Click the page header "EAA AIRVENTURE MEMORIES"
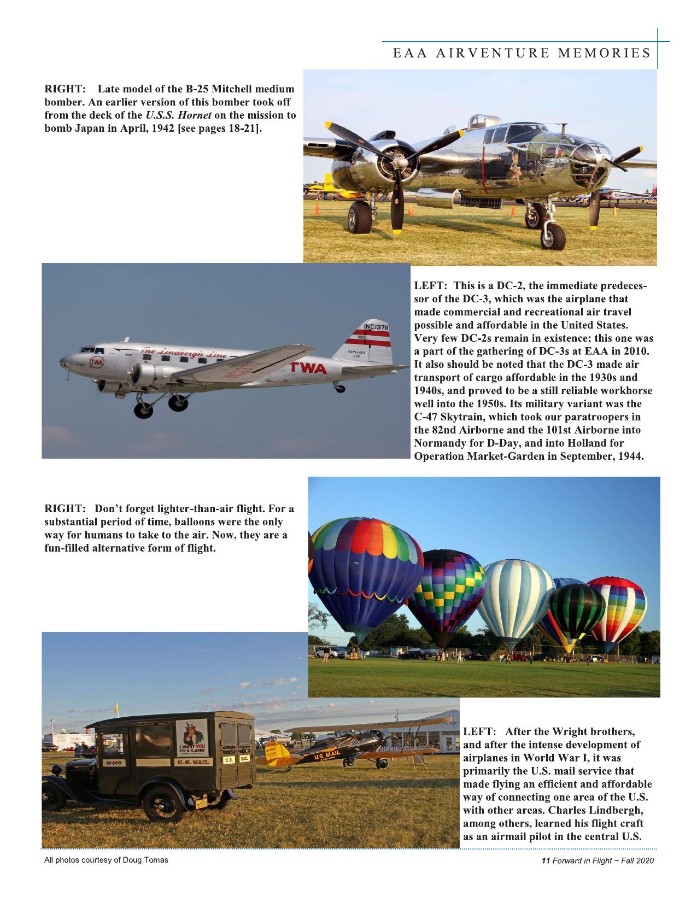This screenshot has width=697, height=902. click(x=522, y=53)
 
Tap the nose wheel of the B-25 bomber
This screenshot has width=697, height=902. click(x=552, y=236)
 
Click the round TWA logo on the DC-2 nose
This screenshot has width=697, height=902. click(x=97, y=362)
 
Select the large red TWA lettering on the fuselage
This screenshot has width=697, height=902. click(x=308, y=368)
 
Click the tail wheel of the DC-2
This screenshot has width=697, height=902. click(x=339, y=389)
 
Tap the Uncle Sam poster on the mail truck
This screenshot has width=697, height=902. click(x=191, y=737)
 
